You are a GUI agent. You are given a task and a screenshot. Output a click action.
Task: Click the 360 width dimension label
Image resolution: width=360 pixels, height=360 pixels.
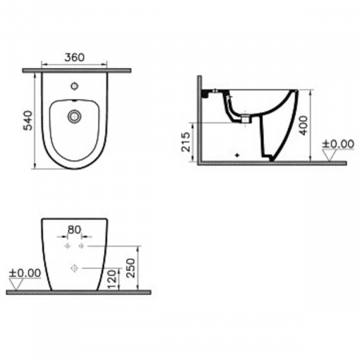(x=74, y=58)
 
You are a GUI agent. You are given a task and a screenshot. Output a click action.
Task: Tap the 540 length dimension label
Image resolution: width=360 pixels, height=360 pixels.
(x=28, y=121)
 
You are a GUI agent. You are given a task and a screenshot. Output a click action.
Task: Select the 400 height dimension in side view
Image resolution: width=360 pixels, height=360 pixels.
(x=303, y=126)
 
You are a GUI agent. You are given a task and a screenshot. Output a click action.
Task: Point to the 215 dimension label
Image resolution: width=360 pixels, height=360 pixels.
(x=186, y=142)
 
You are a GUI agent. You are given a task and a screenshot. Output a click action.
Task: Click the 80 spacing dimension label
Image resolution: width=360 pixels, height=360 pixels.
(x=74, y=230)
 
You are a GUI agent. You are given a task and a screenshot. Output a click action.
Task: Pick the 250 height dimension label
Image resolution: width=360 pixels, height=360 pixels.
(x=130, y=268)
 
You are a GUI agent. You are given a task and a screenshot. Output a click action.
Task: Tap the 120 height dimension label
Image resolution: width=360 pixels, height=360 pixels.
(x=112, y=279)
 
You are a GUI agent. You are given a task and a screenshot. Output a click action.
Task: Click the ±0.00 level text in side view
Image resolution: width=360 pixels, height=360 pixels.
(x=338, y=144)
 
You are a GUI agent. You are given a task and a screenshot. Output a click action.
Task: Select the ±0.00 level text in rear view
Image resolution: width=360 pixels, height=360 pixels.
(x=25, y=273)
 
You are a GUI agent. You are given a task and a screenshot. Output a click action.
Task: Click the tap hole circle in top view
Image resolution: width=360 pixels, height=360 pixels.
(x=74, y=86)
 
